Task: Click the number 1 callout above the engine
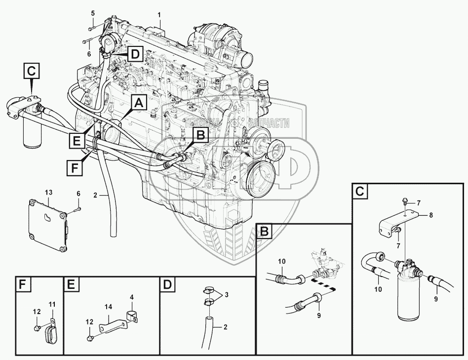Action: pos(159,15)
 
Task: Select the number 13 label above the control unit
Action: pos(48,191)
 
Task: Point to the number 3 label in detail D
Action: pos(226,295)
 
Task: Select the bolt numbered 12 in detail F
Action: pos(38,328)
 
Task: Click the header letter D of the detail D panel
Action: pos(168,285)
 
